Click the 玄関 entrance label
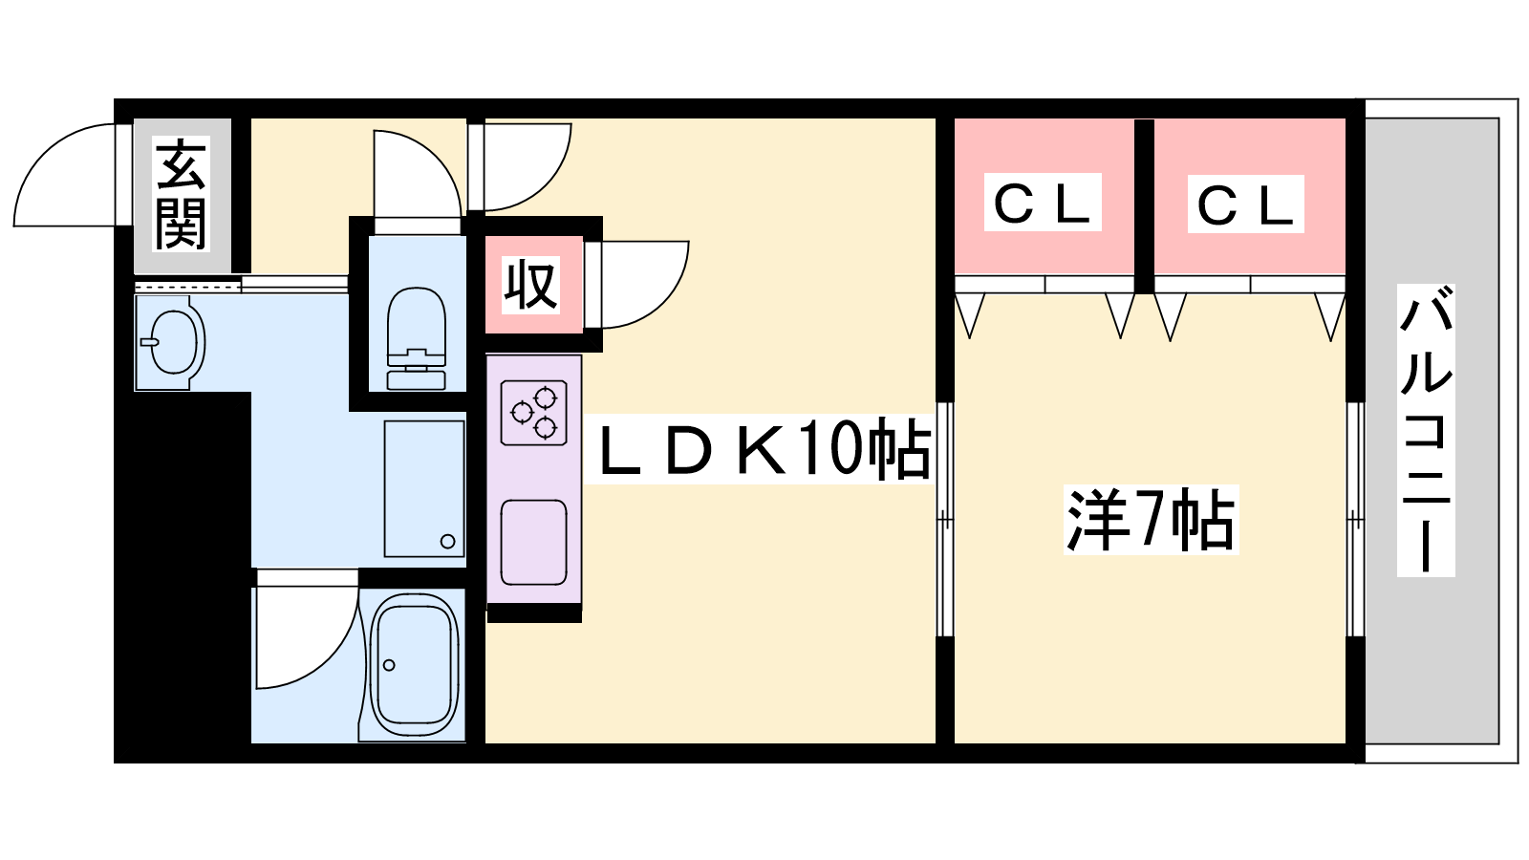[x=181, y=193]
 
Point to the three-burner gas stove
[x=533, y=413]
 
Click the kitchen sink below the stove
[x=533, y=542]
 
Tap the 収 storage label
[x=531, y=285]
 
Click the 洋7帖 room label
[x=1151, y=520]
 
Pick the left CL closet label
[x=1042, y=203]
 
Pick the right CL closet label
[x=1245, y=204]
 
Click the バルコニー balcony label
[x=1425, y=430]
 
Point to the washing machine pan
[x=424, y=487]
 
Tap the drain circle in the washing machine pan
[x=447, y=542]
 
